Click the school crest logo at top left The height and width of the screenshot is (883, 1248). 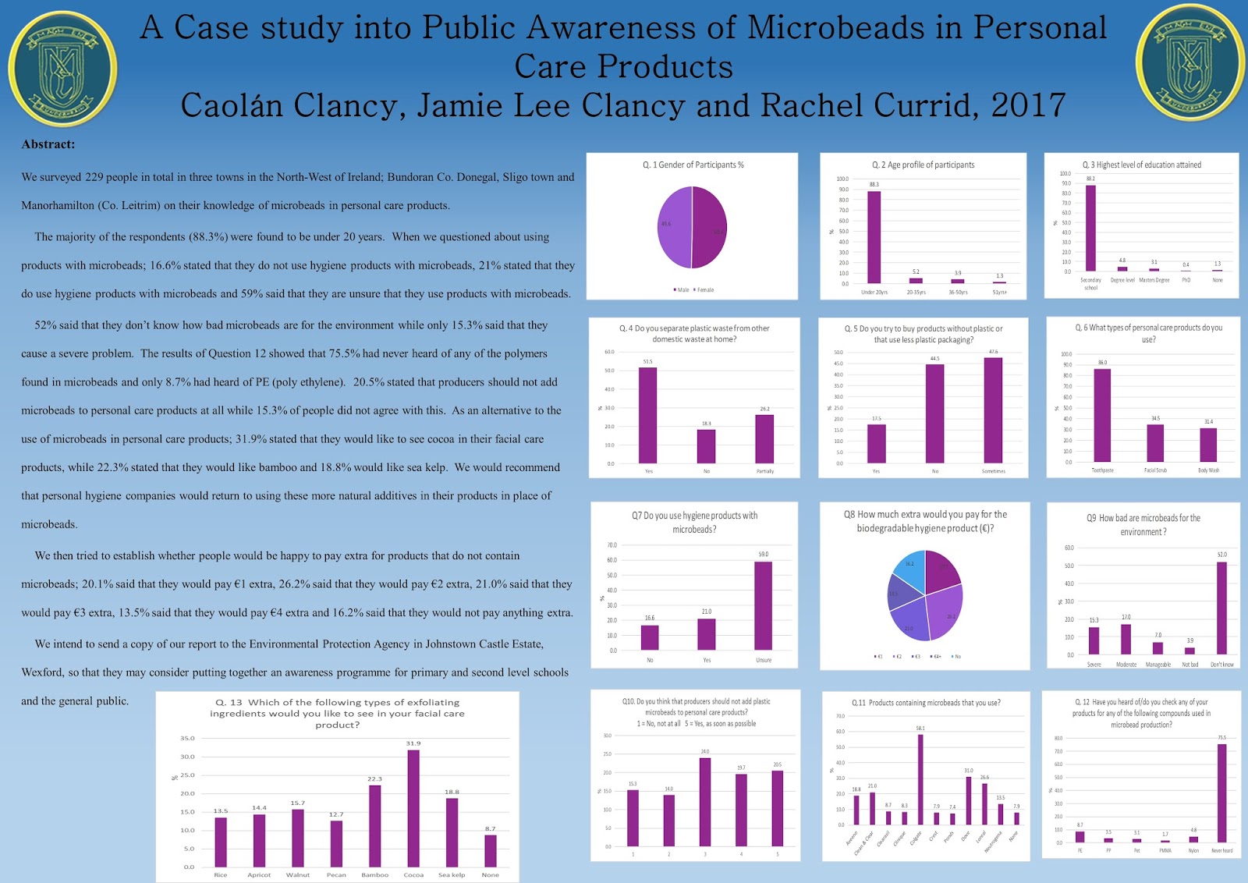click(x=62, y=69)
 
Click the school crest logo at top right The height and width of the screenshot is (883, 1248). click(x=1189, y=62)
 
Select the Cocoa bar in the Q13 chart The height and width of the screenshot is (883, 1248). click(x=413, y=808)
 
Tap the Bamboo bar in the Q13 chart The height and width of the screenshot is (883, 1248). click(x=375, y=826)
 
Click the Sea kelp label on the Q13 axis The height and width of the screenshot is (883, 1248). click(x=452, y=875)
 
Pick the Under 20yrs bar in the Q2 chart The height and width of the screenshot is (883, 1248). click(x=874, y=237)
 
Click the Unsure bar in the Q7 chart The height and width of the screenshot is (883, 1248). click(x=763, y=605)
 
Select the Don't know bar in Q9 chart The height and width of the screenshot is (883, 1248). click(x=1221, y=608)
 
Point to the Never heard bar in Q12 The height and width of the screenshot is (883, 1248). click(x=1221, y=793)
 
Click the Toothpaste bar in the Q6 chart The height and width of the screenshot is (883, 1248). click(x=1102, y=415)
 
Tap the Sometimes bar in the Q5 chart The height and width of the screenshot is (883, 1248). click(x=993, y=410)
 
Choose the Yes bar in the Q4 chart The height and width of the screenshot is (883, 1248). click(x=648, y=415)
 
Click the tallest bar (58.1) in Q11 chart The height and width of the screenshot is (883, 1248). click(x=920, y=779)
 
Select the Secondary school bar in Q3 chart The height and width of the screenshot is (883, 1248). click(x=1090, y=228)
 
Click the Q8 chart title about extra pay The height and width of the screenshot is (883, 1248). click(x=925, y=521)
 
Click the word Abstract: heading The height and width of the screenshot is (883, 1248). click(x=48, y=144)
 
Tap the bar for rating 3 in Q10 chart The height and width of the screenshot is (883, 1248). click(x=705, y=802)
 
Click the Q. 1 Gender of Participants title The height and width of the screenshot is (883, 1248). click(x=693, y=165)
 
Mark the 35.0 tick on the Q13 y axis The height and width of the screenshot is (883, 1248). click(x=187, y=738)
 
